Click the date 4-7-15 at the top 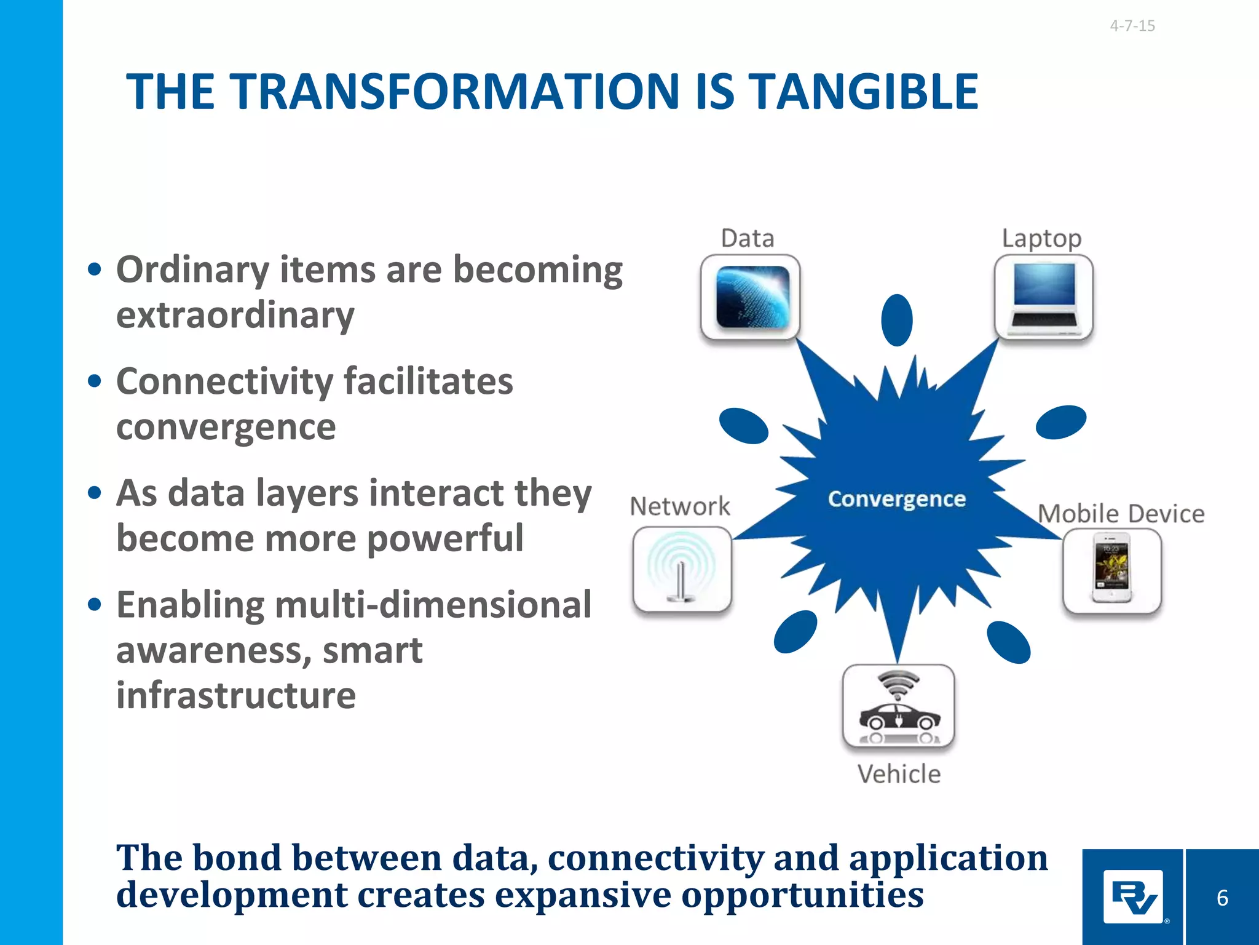(x=1132, y=26)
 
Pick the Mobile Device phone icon (x=1111, y=570)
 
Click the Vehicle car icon (x=898, y=706)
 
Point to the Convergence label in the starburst (x=896, y=499)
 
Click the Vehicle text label (x=899, y=774)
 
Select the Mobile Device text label (x=1121, y=514)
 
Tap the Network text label (x=680, y=506)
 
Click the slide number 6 (x=1222, y=898)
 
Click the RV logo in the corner (x=1132, y=897)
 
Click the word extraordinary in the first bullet (x=235, y=316)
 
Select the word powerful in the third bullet (x=445, y=538)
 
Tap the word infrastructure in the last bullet (x=236, y=695)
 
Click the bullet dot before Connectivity (x=94, y=381)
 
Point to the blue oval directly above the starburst (x=896, y=320)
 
